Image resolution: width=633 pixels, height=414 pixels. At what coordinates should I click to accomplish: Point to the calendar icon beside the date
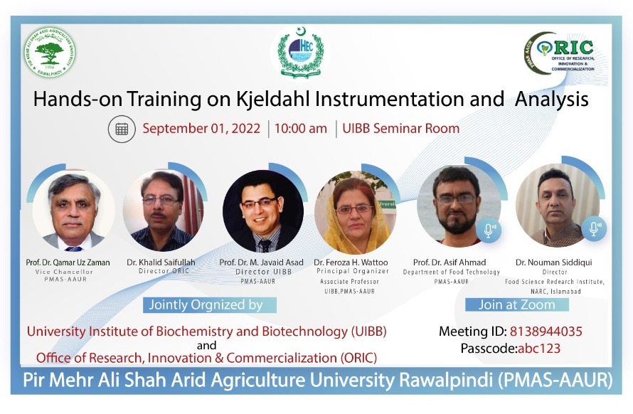click(122, 129)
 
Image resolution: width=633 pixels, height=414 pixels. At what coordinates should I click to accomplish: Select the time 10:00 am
click(301, 129)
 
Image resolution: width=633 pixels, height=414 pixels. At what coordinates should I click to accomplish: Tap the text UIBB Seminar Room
click(400, 129)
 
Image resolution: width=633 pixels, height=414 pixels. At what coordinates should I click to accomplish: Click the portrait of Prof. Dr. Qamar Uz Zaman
click(73, 211)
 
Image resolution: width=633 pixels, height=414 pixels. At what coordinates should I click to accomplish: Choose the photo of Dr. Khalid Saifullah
click(163, 211)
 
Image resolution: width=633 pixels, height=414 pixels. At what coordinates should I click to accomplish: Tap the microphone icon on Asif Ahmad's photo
click(490, 230)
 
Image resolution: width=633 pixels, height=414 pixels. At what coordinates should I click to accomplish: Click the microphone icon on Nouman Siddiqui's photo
click(592, 229)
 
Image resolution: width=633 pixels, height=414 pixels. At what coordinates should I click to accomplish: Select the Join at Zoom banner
click(517, 304)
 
